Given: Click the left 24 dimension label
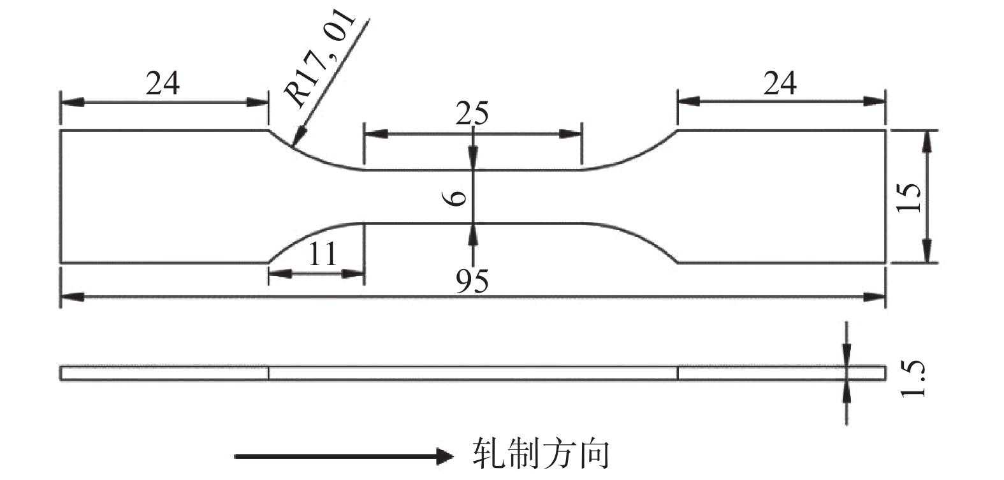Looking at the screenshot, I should click(x=163, y=84).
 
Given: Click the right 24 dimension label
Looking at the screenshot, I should click(x=780, y=84).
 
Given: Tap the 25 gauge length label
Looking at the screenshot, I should click(x=472, y=114).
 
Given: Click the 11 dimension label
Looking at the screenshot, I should click(x=322, y=255).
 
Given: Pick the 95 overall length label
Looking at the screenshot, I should click(x=472, y=281).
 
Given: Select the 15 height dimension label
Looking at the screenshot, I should click(x=909, y=198).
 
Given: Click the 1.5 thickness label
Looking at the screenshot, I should click(x=912, y=379).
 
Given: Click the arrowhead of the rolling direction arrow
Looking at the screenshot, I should click(x=444, y=456).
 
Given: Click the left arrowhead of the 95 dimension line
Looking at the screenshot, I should click(x=69, y=297).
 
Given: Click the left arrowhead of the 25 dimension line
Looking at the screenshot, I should click(x=372, y=134).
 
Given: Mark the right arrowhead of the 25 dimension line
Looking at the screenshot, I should click(x=572, y=134).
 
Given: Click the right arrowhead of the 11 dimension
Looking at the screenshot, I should click(x=355, y=273).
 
